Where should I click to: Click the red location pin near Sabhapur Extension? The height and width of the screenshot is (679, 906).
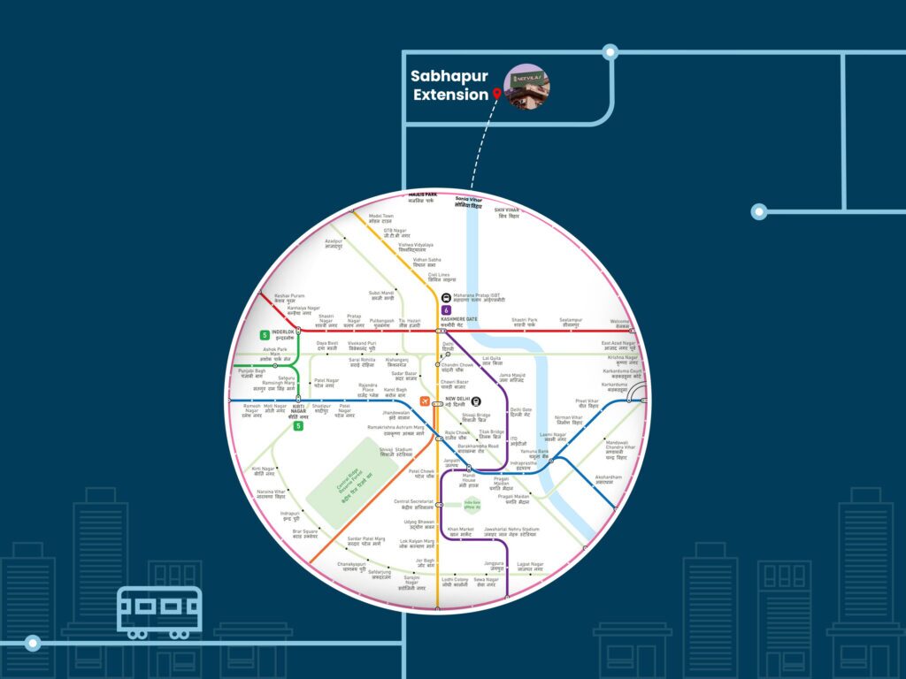click(497, 93)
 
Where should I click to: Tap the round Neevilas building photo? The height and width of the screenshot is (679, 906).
click(526, 87)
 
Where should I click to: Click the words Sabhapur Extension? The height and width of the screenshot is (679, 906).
click(450, 86)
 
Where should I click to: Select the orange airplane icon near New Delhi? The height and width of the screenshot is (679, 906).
click(425, 402)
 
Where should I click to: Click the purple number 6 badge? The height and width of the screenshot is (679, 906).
click(446, 310)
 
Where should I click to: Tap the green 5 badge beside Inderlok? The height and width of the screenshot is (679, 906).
click(264, 335)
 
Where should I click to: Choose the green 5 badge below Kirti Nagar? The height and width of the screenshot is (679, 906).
click(298, 426)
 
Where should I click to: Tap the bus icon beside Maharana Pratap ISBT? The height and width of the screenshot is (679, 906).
click(445, 298)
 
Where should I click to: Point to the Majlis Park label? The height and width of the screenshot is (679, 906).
click(423, 197)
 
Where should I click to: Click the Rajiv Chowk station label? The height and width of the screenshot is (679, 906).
click(456, 435)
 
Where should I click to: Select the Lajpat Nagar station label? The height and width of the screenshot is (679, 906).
click(531, 566)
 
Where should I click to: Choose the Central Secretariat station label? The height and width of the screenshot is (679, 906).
click(414, 504)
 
